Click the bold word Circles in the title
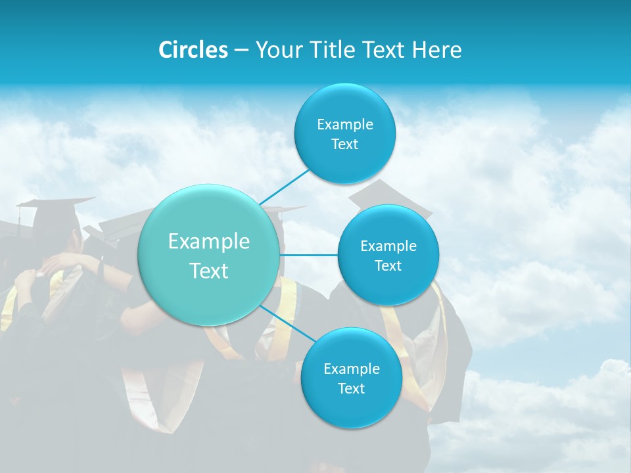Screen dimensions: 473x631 click(x=193, y=50)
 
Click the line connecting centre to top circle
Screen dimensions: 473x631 click(x=284, y=187)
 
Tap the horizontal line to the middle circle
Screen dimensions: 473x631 click(x=309, y=255)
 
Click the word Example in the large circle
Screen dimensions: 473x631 click(x=209, y=242)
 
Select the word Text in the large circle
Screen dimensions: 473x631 click(x=209, y=271)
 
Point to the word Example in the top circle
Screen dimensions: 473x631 click(x=344, y=125)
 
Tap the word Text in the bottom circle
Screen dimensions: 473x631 click(x=351, y=388)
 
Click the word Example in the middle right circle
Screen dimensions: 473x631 click(x=388, y=246)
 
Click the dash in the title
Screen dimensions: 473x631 click(x=241, y=51)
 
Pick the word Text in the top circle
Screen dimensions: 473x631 click(x=344, y=145)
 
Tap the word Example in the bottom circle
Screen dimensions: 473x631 click(x=351, y=369)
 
